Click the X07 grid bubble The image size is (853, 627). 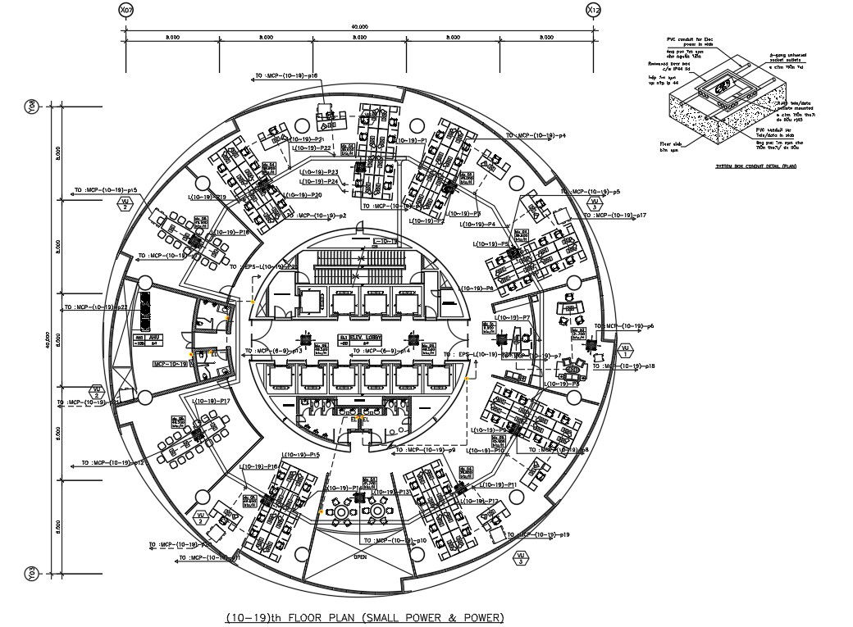click(x=125, y=10)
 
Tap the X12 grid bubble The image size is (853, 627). click(x=594, y=10)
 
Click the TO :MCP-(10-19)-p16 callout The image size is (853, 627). click(x=286, y=76)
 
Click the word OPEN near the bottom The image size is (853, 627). click(x=360, y=557)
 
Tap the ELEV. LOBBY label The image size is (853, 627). click(x=363, y=338)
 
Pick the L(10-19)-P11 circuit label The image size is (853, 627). click(x=501, y=485)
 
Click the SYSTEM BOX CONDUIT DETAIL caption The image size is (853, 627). click(x=754, y=166)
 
